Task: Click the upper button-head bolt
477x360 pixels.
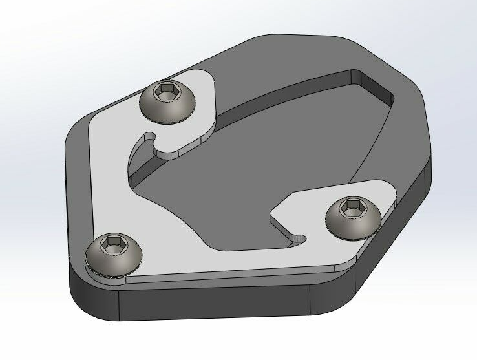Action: (167, 101)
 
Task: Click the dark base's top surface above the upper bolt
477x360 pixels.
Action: (213, 61)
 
